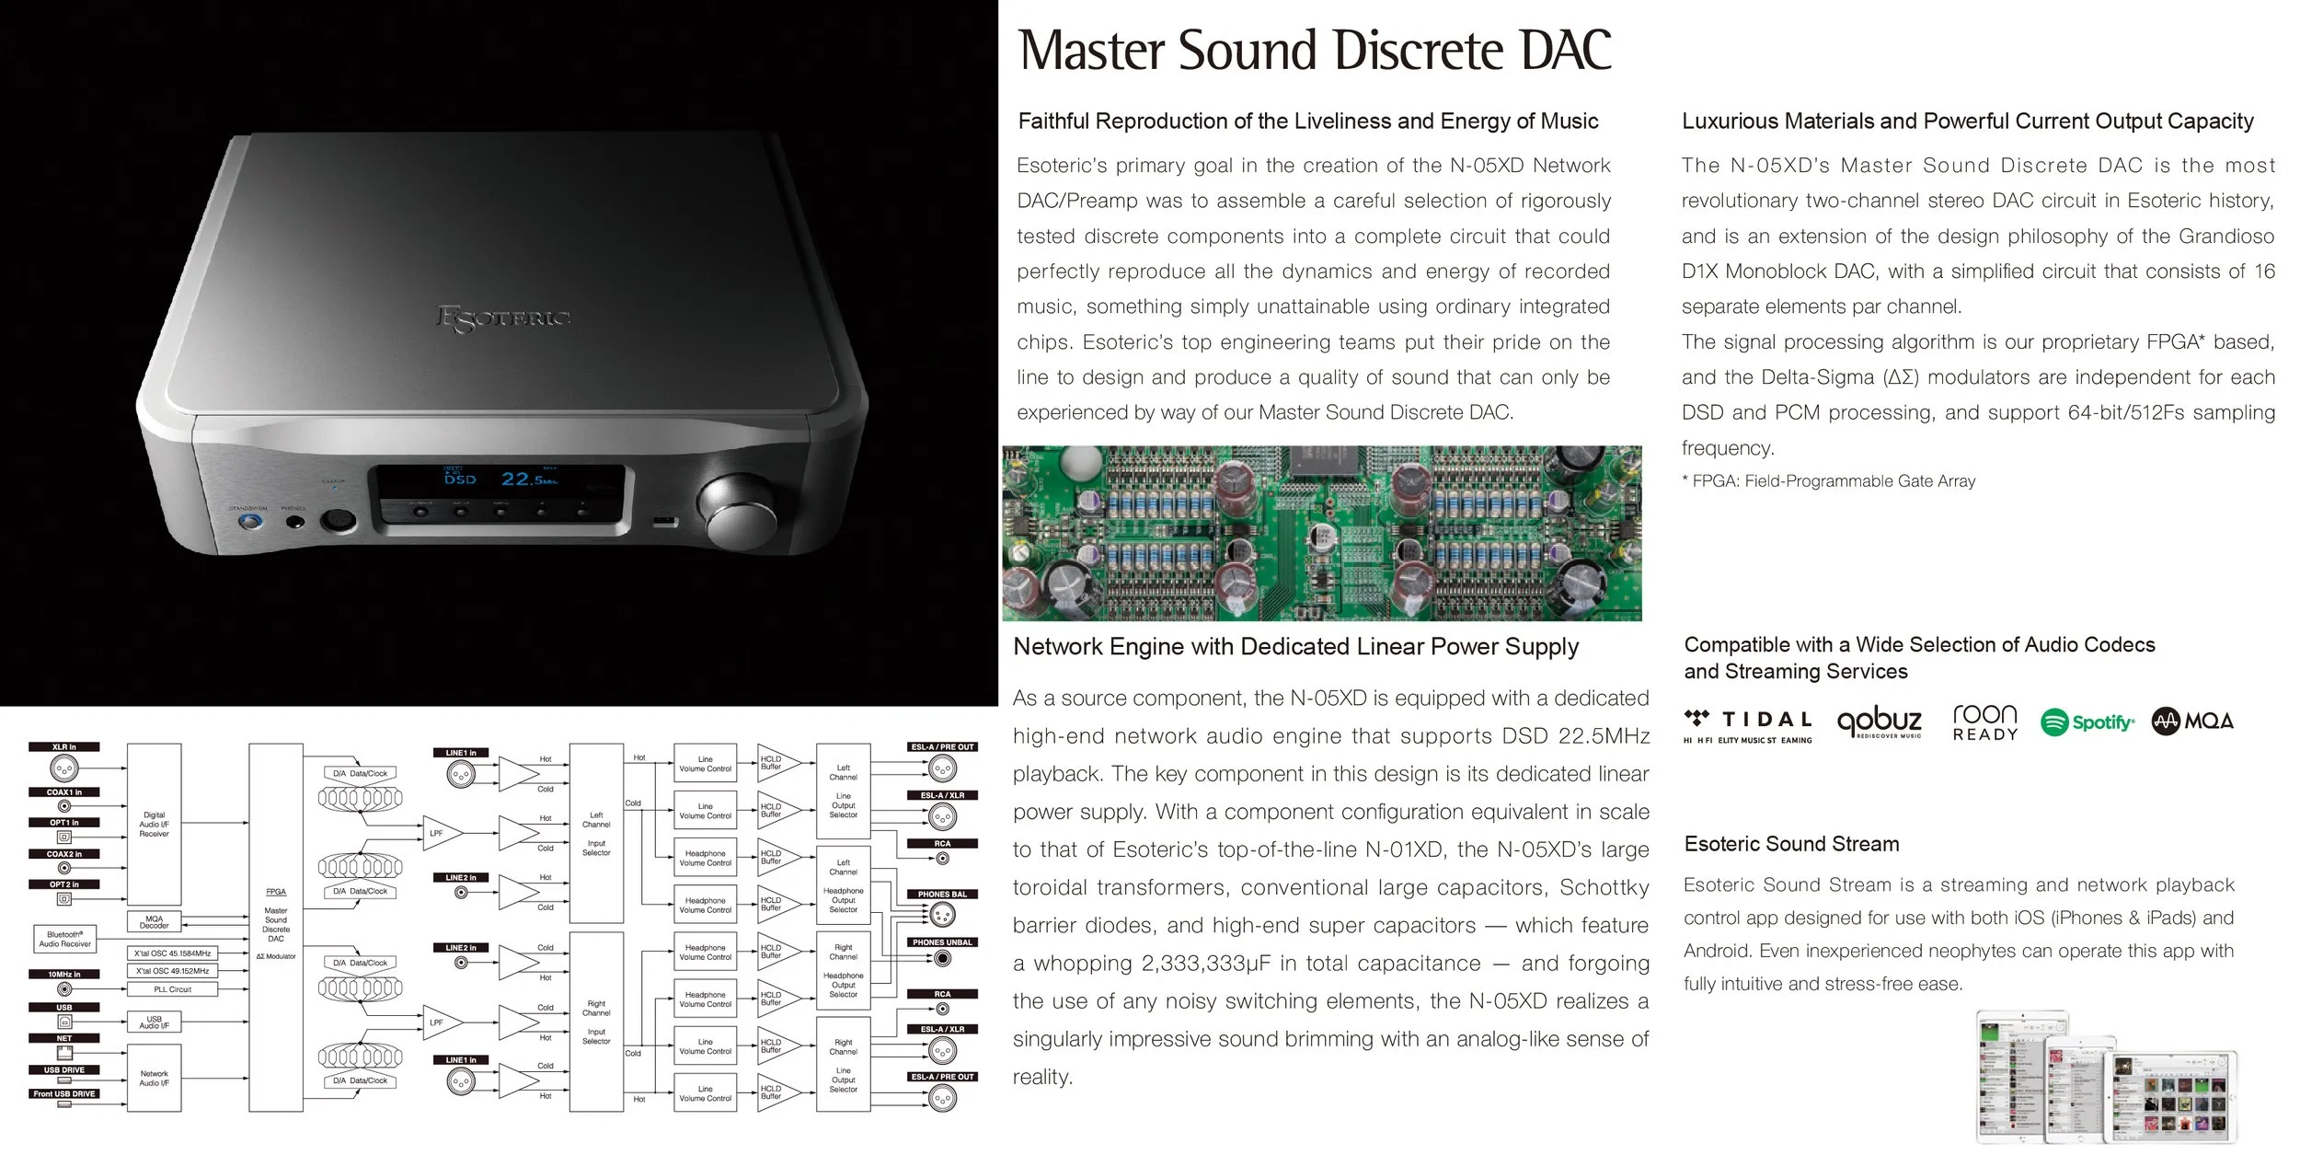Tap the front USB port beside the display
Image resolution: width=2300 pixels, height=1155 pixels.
(x=665, y=523)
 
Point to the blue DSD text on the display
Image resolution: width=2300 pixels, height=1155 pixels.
(x=460, y=479)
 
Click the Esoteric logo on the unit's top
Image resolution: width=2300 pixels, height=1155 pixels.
(x=502, y=318)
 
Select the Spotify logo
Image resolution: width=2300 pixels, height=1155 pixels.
(x=2087, y=722)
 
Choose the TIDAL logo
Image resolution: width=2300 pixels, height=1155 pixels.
(x=1747, y=723)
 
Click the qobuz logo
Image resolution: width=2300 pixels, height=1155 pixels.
(x=1880, y=722)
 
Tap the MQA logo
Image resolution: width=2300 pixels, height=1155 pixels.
(x=2192, y=722)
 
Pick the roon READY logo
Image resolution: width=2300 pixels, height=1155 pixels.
(x=1985, y=722)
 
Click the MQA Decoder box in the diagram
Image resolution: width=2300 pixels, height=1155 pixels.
(x=154, y=921)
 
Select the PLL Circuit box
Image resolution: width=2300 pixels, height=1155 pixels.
(x=172, y=989)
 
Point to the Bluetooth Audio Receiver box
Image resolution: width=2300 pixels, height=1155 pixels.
(x=64, y=939)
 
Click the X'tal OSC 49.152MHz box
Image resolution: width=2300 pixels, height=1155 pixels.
(x=172, y=971)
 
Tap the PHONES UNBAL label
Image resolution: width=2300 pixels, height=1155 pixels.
(x=941, y=942)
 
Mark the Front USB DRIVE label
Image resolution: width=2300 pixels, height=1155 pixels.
(x=64, y=1094)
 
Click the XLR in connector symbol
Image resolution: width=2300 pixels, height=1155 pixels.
(x=63, y=768)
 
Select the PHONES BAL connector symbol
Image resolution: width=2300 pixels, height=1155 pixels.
(x=941, y=916)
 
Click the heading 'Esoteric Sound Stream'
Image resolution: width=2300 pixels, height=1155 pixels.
(x=1791, y=844)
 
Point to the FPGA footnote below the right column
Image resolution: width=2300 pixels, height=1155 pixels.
(x=1828, y=481)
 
